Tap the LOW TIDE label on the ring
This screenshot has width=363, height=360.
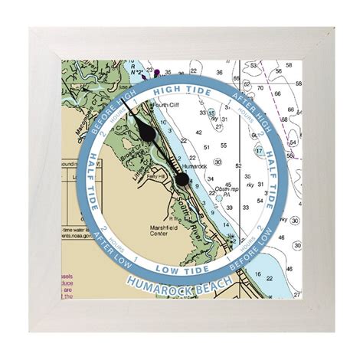(181, 270)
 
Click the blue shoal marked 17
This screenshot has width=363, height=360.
(260, 151)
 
